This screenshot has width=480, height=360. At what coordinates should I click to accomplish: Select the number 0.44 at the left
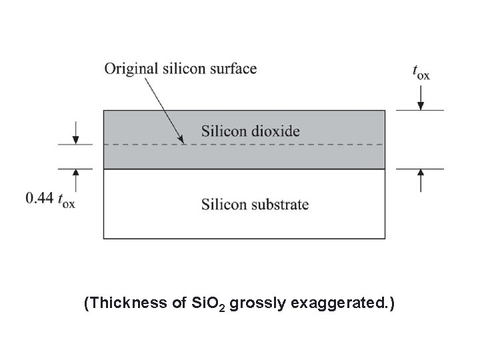point(39,198)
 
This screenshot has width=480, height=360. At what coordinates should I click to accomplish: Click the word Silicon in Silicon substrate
point(221,204)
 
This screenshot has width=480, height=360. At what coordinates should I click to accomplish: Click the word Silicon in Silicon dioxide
point(221,131)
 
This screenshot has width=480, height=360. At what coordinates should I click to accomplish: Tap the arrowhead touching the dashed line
point(181,139)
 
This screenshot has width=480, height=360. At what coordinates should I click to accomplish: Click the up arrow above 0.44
point(77,178)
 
